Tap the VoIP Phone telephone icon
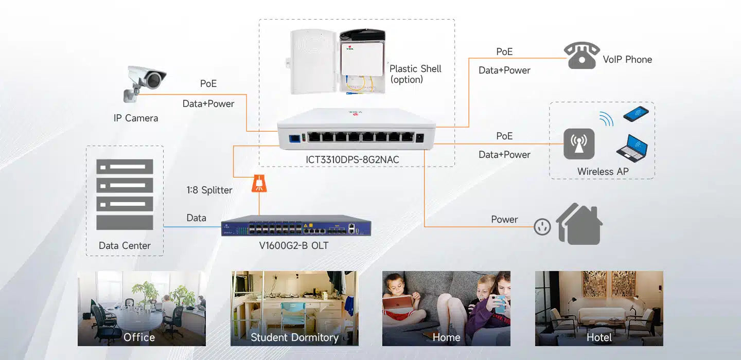(x=581, y=56)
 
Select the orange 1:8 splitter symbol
(x=259, y=184)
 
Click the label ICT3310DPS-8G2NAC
(x=352, y=160)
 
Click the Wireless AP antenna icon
(x=579, y=144)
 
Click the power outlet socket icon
(x=542, y=227)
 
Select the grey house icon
(x=579, y=224)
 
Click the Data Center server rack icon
(x=125, y=194)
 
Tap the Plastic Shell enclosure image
(x=338, y=62)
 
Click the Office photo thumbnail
(x=142, y=308)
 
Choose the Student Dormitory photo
(x=294, y=308)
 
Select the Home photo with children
(x=446, y=308)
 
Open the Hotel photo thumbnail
(x=599, y=308)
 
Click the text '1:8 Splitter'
(x=209, y=190)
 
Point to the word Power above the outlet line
(x=504, y=220)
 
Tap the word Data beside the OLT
(x=196, y=218)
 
